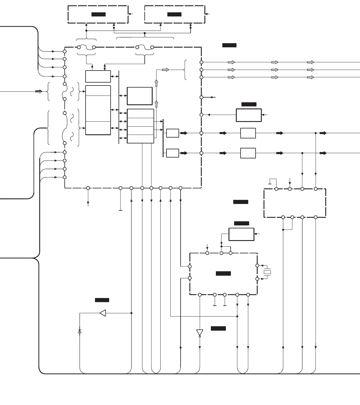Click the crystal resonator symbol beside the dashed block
tap(267, 272)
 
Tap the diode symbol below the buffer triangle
tap(80, 331)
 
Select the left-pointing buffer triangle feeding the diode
tap(103, 313)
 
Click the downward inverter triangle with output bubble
tap(200, 333)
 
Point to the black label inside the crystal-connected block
tap(223, 274)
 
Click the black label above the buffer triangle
tap(102, 300)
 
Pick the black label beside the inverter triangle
tap(218, 329)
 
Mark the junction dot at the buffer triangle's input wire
tap(131, 313)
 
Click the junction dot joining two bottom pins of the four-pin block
tap(283, 230)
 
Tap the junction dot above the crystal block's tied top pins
tap(221, 246)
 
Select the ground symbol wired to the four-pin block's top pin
tap(270, 184)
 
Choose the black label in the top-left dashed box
tap(99, 14)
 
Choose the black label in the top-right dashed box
tap(174, 14)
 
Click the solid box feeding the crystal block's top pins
tap(241, 234)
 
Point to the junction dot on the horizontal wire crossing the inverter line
tap(237, 317)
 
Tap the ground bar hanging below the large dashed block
tap(120, 210)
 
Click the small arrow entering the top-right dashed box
tap(207, 14)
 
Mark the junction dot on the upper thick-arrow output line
tap(316, 133)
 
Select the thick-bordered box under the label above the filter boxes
tap(249, 115)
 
